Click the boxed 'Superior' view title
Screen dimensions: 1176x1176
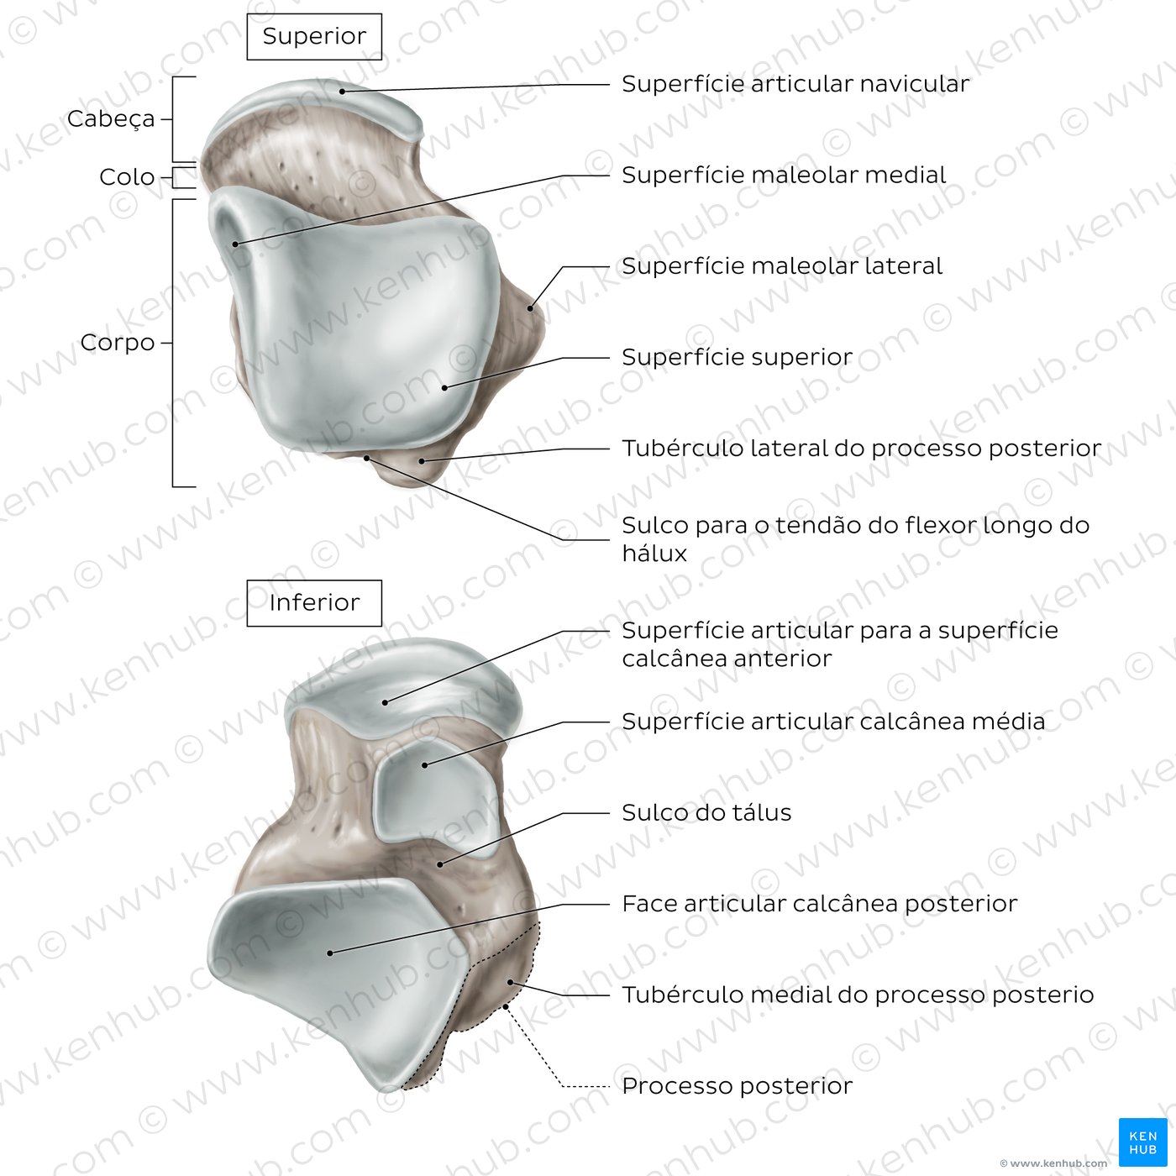tap(314, 37)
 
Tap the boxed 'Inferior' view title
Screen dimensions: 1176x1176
tap(314, 603)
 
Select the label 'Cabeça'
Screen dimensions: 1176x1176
tap(111, 119)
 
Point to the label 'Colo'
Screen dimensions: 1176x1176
tap(127, 177)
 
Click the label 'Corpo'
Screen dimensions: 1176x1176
tap(118, 343)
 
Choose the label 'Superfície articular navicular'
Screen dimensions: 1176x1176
tap(795, 84)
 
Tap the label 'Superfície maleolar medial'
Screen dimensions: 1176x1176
tap(784, 176)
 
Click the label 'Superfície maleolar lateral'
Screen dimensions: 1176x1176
tap(782, 266)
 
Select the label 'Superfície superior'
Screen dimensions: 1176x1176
tap(737, 358)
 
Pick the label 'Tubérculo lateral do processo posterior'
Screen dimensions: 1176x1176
tap(861, 449)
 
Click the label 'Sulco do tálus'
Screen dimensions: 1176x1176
tap(706, 813)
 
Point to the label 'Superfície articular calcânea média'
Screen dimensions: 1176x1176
tap(833, 722)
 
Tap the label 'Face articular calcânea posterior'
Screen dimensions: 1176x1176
tap(820, 904)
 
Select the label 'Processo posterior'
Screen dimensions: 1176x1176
tap(737, 1086)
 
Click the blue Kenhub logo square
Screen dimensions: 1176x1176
tap(1142, 1142)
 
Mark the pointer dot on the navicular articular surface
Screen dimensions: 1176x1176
tap(343, 92)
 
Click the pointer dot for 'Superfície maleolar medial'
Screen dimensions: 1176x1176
tap(235, 244)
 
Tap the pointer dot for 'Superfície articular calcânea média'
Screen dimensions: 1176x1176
tap(425, 764)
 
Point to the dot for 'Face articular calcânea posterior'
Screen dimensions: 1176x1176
tap(330, 953)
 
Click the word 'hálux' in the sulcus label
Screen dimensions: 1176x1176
tap(654, 554)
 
